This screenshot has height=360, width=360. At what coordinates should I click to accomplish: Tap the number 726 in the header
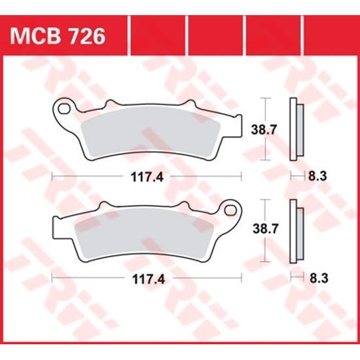click(87, 36)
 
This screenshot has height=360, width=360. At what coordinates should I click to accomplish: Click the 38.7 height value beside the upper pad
click(263, 130)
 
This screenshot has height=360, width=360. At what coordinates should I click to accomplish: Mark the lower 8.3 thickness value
click(316, 278)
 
